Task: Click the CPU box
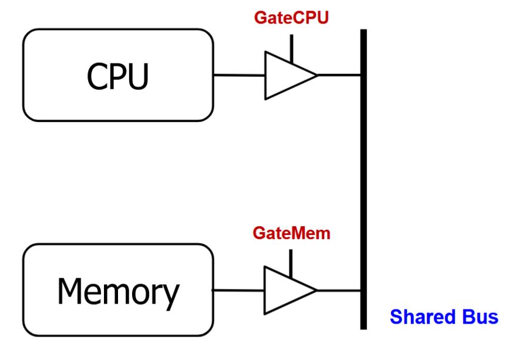pos(117,75)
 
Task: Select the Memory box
pos(117,290)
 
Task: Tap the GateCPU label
pos(291,18)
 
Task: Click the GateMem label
pos(291,233)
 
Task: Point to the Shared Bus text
pos(444,317)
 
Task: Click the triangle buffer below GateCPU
pos(288,75)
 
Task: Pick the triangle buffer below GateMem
pos(288,290)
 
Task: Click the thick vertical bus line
pos(363,176)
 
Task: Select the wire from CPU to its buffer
pos(239,75)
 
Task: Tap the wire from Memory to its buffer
pos(238,290)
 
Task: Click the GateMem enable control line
pos(291,261)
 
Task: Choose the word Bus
pos(479,317)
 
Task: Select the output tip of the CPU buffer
pos(316,75)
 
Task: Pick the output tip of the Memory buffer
pos(316,290)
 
